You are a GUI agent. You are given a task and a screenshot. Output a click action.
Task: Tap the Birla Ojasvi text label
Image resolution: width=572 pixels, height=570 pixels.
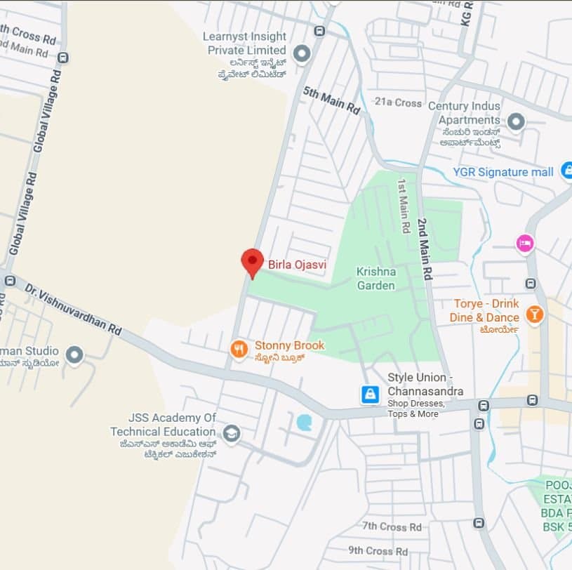[x=297, y=265]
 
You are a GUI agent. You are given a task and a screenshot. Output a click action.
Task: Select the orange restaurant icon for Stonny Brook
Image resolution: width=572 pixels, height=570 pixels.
[x=239, y=348]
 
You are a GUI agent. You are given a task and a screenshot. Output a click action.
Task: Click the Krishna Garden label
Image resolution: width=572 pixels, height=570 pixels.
[x=376, y=278]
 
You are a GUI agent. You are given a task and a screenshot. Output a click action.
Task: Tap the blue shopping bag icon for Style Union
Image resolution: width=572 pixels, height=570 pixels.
[x=370, y=395]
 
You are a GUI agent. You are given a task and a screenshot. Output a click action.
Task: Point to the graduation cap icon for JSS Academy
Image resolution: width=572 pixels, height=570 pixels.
[x=232, y=434]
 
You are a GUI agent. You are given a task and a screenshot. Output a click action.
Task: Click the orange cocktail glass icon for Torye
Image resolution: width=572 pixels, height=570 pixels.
[x=535, y=314]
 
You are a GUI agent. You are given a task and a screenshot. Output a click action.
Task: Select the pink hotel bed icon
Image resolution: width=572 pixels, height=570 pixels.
[x=524, y=244]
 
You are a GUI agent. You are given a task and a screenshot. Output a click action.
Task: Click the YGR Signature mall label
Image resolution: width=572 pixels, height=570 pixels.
[x=503, y=172]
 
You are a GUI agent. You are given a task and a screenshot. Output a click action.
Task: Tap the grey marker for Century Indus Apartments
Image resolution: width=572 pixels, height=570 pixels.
[x=516, y=122]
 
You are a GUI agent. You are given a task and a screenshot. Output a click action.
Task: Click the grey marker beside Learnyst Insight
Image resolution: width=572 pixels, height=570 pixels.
[x=302, y=53]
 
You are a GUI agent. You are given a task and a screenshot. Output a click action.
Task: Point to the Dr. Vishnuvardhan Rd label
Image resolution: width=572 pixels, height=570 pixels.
[x=73, y=309]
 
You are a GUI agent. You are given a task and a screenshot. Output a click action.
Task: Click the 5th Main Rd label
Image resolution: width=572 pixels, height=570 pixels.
[x=332, y=100]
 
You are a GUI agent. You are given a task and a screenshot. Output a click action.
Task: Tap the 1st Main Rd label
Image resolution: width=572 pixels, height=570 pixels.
[x=404, y=205]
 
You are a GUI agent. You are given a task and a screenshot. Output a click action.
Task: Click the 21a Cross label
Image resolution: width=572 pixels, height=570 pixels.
[x=398, y=102]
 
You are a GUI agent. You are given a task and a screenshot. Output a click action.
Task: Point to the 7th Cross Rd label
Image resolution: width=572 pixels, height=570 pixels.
[x=392, y=526]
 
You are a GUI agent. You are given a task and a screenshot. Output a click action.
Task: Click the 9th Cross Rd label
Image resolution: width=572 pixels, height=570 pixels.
[x=378, y=550]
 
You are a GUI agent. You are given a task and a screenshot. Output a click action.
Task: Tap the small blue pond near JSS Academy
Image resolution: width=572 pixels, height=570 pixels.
[x=305, y=422]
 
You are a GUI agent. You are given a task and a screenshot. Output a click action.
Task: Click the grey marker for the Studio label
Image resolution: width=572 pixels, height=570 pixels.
[x=74, y=354]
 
